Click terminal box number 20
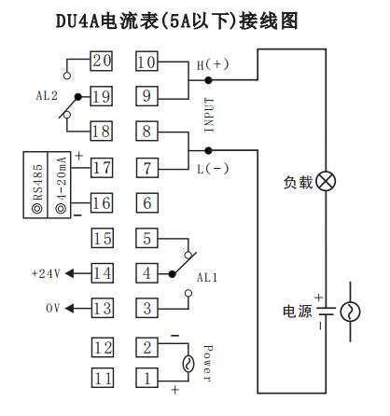(102, 62)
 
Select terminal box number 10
(146, 62)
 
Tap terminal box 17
(102, 168)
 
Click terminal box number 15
(102, 238)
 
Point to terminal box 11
(102, 378)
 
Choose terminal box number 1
(146, 378)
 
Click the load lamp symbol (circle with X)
(326, 180)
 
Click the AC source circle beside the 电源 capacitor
(352, 311)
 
